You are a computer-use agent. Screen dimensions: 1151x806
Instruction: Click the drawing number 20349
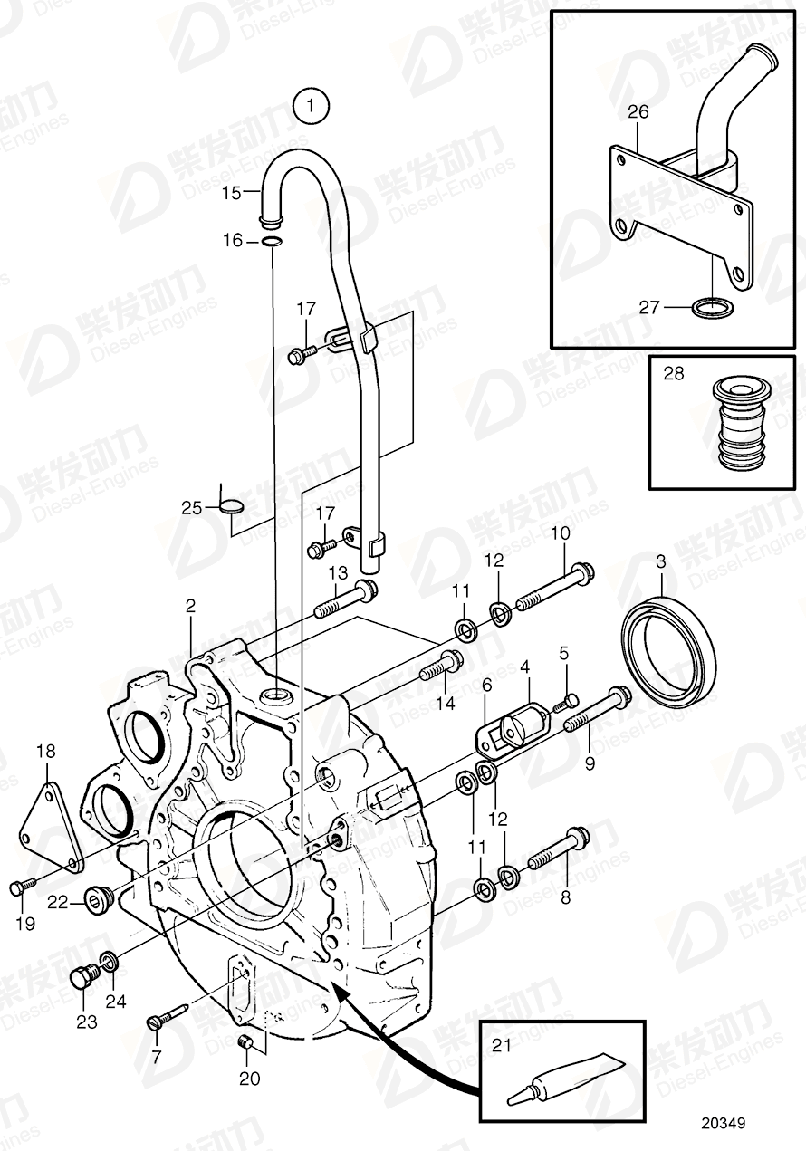pos(722,1124)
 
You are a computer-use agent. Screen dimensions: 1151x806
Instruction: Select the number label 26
pos(638,111)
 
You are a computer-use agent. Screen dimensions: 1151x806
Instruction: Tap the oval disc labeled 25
pos(232,506)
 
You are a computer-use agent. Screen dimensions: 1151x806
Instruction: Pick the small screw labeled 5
pos(570,698)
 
